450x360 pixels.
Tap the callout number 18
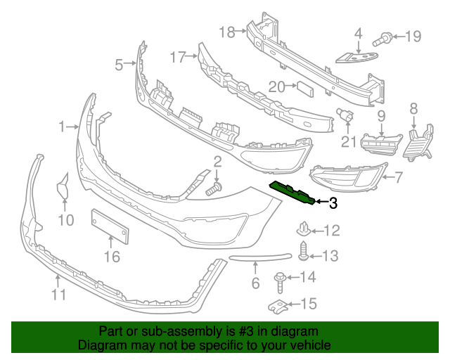pos(226,32)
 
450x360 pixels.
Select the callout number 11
pos(58,295)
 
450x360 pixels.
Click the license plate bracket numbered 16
pos(110,226)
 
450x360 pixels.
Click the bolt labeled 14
pos(281,280)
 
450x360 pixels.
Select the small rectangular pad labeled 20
pos(304,87)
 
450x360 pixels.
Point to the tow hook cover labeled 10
pos(63,189)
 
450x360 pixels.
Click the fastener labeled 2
pos(214,188)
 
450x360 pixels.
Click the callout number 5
pos(119,65)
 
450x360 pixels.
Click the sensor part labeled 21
pos(346,115)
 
